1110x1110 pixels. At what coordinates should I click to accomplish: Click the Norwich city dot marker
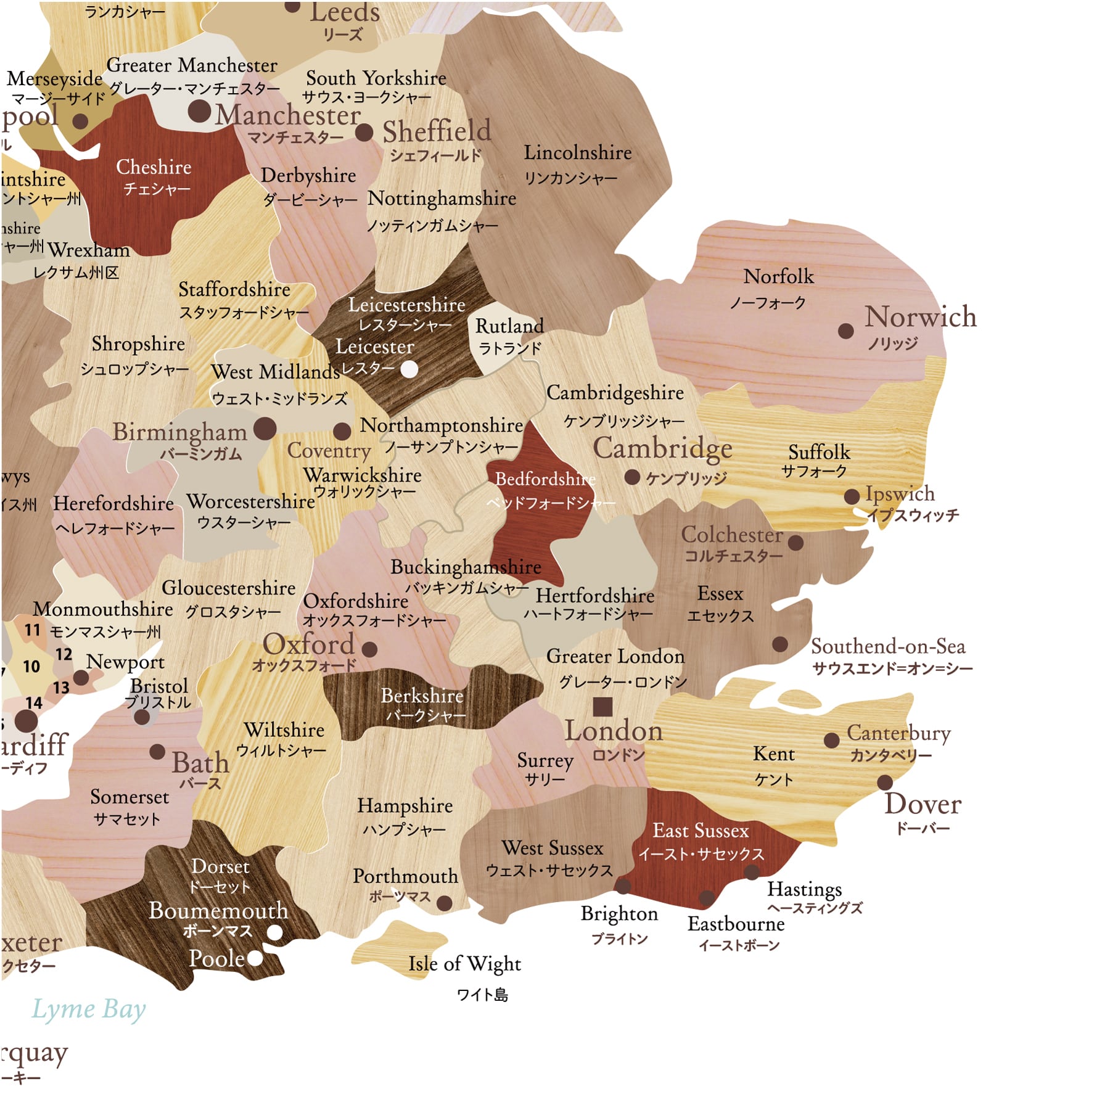click(845, 331)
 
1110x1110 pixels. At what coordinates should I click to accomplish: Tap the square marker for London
click(602, 706)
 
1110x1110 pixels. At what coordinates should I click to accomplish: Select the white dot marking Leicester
click(409, 369)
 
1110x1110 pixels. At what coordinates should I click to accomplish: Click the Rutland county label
click(509, 326)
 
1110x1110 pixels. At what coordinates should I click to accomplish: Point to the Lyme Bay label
click(89, 1009)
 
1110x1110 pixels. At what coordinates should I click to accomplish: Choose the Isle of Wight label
click(464, 963)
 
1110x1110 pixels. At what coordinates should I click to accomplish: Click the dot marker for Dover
click(885, 783)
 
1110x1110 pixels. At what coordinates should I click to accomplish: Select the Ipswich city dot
click(852, 496)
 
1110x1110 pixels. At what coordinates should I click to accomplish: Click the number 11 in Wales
click(32, 630)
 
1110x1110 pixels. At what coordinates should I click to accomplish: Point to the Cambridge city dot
click(631, 477)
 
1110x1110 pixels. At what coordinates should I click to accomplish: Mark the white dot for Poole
click(255, 958)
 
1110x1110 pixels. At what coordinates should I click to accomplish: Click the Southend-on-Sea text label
click(887, 646)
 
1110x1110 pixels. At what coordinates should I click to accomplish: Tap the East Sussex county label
click(701, 831)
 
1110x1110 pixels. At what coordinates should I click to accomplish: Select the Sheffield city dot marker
click(364, 132)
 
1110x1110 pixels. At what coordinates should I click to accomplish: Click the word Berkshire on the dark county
click(422, 696)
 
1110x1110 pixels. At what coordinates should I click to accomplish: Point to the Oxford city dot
click(369, 649)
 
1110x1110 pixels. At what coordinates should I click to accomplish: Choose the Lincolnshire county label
click(578, 153)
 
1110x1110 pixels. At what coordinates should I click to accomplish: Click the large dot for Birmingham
click(265, 428)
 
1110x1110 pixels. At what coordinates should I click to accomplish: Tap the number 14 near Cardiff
click(34, 702)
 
